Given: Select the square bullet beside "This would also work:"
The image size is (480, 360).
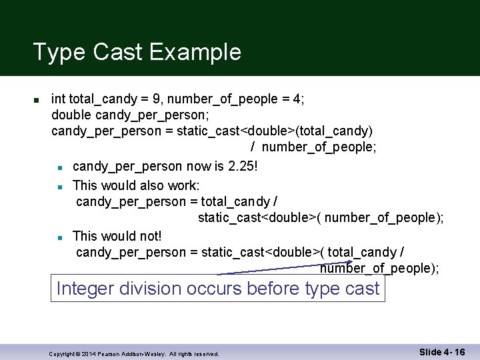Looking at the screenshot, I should click(60, 186).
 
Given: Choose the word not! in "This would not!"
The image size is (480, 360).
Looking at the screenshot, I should click(149, 236).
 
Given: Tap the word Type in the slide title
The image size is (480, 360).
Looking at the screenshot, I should click(58, 52).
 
